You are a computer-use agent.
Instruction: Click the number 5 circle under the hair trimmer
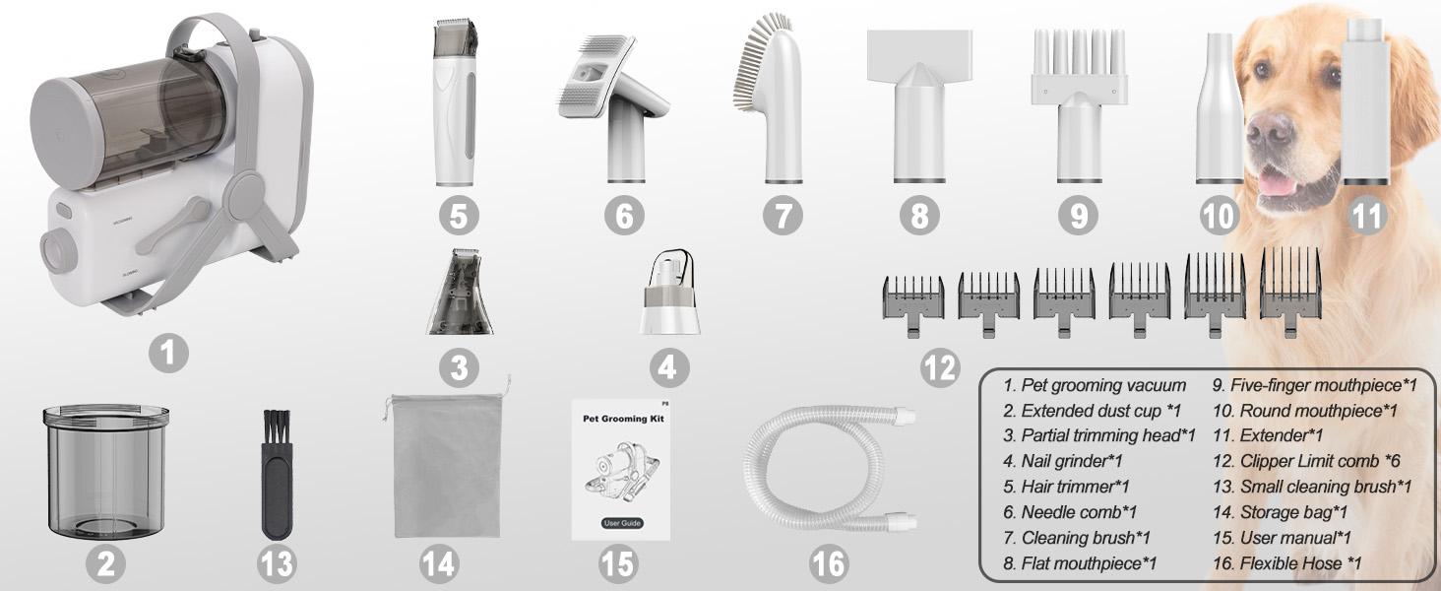[459, 215]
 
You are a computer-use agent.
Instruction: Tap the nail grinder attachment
[669, 293]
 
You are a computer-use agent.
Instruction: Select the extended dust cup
[106, 473]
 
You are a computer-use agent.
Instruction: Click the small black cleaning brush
[278, 474]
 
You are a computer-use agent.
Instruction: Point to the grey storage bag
[447, 461]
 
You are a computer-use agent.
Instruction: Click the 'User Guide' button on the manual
[623, 523]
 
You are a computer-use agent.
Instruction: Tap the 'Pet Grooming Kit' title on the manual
[623, 419]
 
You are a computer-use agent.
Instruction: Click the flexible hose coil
[830, 467]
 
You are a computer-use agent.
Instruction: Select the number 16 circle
[829, 564]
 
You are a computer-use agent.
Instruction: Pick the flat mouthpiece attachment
[919, 106]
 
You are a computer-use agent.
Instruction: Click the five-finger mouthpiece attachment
[1079, 106]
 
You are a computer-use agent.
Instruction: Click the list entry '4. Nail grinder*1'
[1063, 461]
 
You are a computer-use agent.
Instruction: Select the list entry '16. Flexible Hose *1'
[1286, 563]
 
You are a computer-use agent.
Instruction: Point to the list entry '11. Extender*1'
[1268, 435]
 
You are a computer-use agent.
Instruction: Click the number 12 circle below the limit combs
[940, 367]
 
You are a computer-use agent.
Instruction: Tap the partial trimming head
[460, 292]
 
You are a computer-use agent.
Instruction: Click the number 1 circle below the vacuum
[168, 353]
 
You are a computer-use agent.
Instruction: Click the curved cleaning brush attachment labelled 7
[770, 99]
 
